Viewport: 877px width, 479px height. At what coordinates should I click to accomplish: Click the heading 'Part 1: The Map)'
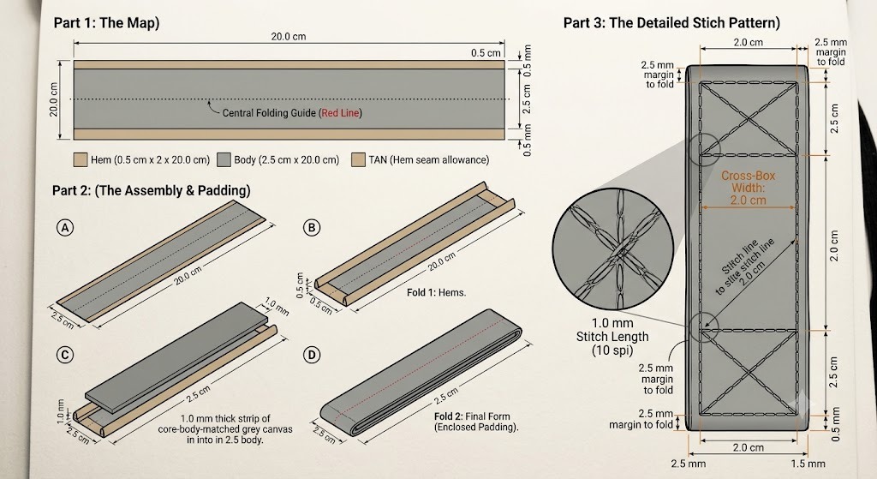coord(106,23)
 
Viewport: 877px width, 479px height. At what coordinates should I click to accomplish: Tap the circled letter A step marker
coord(65,228)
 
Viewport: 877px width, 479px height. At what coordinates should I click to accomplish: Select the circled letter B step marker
coord(312,228)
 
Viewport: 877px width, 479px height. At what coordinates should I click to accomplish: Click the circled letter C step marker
coord(65,356)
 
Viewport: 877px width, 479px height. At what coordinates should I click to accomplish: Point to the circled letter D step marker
coord(312,356)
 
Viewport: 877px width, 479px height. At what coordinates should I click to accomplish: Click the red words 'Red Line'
coord(340,113)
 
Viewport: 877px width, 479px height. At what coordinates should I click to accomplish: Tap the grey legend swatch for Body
coord(224,160)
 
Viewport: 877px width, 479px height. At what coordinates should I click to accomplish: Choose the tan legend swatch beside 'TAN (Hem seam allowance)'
coord(359,160)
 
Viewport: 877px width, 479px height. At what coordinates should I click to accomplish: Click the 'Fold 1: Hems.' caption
coord(436,293)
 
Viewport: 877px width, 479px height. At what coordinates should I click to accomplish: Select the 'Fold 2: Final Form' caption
coord(472,416)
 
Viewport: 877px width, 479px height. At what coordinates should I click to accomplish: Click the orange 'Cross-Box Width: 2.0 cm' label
coord(748,188)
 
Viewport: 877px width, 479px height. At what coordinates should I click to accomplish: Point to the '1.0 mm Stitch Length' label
coord(612,330)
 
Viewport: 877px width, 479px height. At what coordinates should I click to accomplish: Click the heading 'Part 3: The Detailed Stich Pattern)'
coord(671,23)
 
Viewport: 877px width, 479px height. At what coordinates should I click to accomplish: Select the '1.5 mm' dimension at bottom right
coord(808,464)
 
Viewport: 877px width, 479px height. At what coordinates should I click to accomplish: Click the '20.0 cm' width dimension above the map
coord(289,36)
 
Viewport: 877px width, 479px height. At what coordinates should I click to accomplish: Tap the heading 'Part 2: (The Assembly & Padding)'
coord(151,191)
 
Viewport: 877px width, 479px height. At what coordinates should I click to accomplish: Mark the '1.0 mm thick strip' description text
coord(225,418)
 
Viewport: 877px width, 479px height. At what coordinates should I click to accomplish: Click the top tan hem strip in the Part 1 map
coord(289,65)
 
